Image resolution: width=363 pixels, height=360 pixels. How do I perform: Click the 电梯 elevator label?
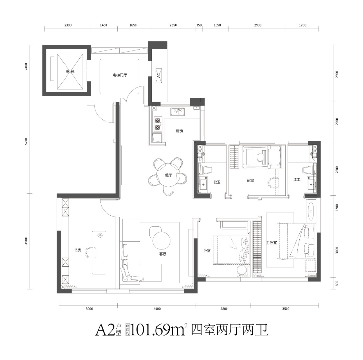[70, 72]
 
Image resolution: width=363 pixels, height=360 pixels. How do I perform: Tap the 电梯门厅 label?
[120, 75]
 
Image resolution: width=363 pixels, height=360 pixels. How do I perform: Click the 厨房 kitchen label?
[180, 131]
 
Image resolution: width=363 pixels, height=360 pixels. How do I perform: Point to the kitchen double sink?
[177, 112]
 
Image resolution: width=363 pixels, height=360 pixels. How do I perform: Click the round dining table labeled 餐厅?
[168, 176]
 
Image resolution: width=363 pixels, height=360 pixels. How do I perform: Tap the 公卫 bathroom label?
[217, 182]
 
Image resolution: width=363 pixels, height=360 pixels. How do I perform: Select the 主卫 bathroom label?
[297, 180]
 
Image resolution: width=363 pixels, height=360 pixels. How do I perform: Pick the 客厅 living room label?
[163, 254]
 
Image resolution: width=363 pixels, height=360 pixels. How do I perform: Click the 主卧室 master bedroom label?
[271, 243]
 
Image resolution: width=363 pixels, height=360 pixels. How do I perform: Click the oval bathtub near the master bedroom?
[311, 211]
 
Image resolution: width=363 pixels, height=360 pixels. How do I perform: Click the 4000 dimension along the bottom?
[157, 309]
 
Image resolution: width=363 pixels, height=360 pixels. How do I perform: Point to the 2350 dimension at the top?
[173, 25]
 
